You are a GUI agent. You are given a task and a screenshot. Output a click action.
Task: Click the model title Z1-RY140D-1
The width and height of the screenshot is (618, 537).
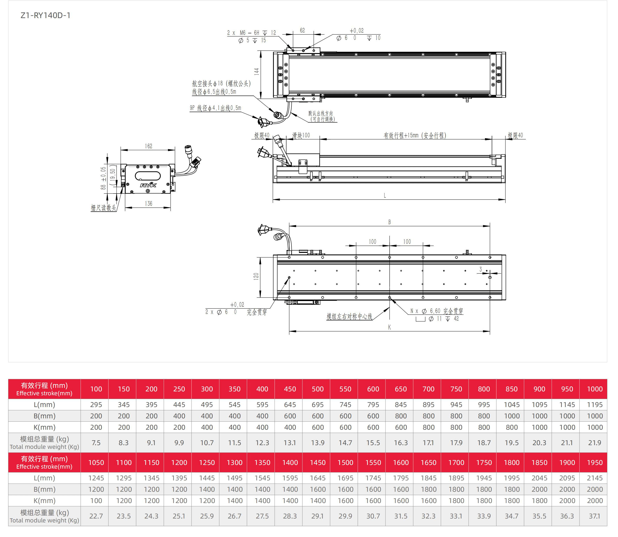tap(45, 16)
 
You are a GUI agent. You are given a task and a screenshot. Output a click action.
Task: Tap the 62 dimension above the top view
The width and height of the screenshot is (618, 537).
tap(302, 30)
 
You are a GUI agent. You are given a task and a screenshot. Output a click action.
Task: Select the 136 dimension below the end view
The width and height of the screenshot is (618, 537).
tap(149, 204)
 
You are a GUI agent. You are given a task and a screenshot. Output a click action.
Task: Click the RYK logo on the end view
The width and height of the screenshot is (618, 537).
tap(148, 185)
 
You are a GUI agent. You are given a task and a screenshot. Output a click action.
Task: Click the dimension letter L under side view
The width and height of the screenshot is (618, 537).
tap(385, 196)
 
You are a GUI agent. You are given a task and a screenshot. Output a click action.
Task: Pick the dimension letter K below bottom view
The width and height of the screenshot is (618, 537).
tap(389, 327)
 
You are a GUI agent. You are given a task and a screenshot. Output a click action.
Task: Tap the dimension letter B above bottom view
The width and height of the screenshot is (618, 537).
tap(389, 222)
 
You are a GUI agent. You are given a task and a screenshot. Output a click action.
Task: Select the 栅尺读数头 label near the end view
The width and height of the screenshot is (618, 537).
tap(103, 208)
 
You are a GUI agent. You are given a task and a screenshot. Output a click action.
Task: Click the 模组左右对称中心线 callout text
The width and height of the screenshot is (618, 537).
tap(349, 316)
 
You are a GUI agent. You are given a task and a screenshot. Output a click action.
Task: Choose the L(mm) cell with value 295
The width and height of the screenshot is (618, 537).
tap(96, 405)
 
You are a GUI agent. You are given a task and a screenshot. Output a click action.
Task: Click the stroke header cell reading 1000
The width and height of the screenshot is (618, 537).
tap(595, 389)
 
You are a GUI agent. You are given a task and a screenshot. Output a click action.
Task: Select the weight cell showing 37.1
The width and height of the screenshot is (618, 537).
tap(595, 516)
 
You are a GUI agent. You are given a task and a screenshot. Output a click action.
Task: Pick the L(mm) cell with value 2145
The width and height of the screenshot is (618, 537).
tap(595, 478)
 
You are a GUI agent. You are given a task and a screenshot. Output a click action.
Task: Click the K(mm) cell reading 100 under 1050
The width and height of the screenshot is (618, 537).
tap(96, 500)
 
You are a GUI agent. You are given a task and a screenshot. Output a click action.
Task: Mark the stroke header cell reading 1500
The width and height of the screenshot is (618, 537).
tap(345, 462)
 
